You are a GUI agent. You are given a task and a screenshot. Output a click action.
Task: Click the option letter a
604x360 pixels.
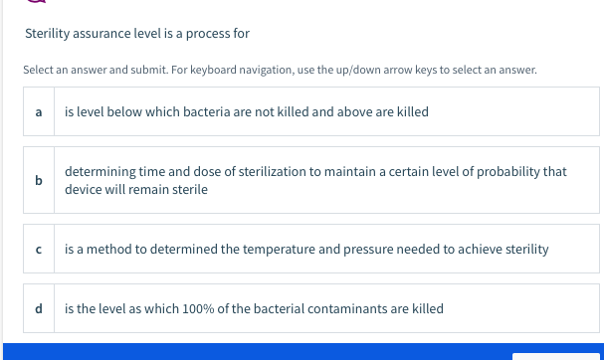coord(39,112)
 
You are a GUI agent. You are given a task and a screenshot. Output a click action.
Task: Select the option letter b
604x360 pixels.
coord(39,180)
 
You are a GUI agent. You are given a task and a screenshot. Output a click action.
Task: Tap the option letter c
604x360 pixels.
coord(39,249)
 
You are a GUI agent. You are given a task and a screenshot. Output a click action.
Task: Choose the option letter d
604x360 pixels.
coord(39,309)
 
